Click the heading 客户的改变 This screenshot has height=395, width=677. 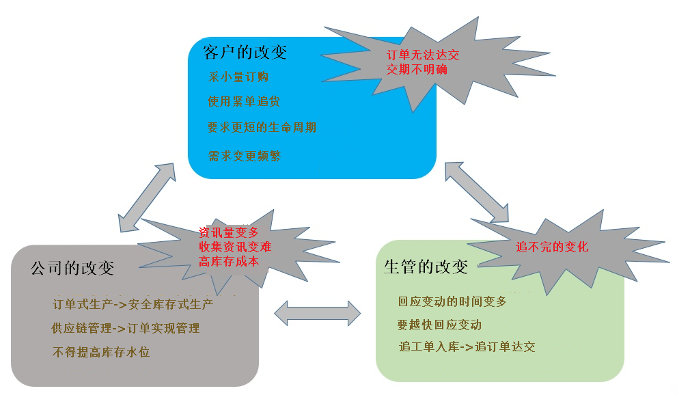(245, 53)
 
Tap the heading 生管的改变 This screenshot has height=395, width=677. (426, 267)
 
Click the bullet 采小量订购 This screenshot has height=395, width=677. (238, 77)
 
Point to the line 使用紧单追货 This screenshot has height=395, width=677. (244, 102)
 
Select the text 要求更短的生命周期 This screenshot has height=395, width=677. (262, 128)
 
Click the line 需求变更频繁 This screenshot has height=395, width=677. (245, 156)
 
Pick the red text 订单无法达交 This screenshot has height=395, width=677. (423, 55)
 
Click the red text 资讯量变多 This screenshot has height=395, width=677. (229, 232)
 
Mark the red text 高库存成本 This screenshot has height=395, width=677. (229, 260)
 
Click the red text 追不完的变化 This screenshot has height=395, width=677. (552, 247)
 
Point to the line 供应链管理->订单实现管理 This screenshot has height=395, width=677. (126, 328)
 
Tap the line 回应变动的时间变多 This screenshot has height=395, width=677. (452, 301)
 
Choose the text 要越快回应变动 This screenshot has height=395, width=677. (439, 325)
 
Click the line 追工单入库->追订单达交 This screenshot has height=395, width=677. (467, 346)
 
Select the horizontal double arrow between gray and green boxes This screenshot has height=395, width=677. (317, 312)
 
